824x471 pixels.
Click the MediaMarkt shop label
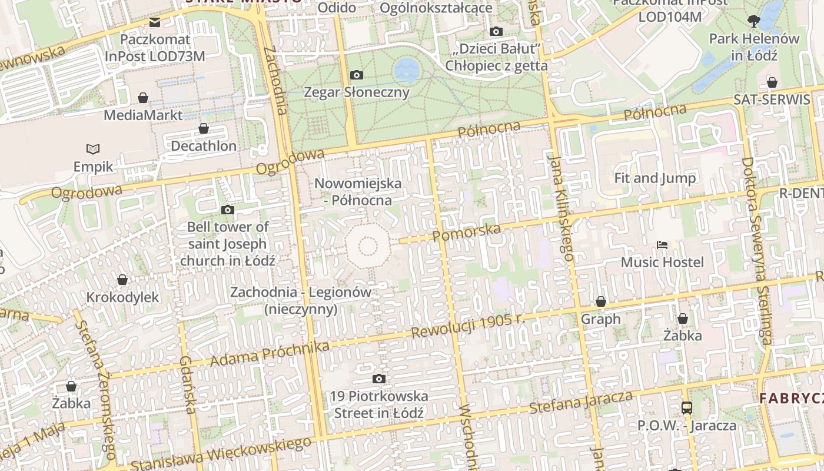pyautogui.click(x=143, y=115)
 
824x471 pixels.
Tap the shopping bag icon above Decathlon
pyautogui.click(x=204, y=128)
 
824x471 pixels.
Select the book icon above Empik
pyautogui.click(x=93, y=149)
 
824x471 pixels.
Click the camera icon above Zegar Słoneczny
pyautogui.click(x=356, y=75)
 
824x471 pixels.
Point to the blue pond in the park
pyautogui.click(x=407, y=70)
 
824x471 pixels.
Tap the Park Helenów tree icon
pyautogui.click(x=753, y=22)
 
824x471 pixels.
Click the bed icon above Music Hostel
pyautogui.click(x=662, y=244)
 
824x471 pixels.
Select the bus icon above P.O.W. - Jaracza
pyautogui.click(x=686, y=407)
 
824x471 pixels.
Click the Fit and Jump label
pyautogui.click(x=654, y=178)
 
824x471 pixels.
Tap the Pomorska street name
pyautogui.click(x=466, y=232)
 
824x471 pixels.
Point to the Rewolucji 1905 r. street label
pyautogui.click(x=467, y=326)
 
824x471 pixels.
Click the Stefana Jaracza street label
pyautogui.click(x=581, y=403)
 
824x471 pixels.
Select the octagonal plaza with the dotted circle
pyautogui.click(x=368, y=247)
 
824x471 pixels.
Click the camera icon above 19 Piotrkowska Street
pyautogui.click(x=379, y=379)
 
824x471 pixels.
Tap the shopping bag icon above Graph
pyautogui.click(x=600, y=302)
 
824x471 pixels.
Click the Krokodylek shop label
pyautogui.click(x=122, y=297)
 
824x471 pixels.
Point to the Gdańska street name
pyautogui.click(x=188, y=384)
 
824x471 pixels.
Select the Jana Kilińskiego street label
pyautogui.click(x=560, y=206)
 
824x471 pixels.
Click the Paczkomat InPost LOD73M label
pyautogui.click(x=155, y=48)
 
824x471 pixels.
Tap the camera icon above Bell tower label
pyautogui.click(x=227, y=210)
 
